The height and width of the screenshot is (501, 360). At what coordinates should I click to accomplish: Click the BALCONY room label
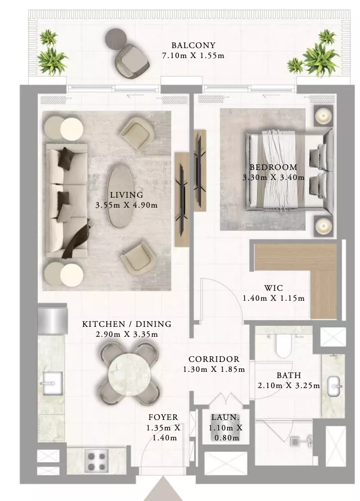[193, 45]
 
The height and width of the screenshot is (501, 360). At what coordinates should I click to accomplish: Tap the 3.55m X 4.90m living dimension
[127, 205]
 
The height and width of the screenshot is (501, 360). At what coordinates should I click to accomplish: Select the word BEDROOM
[273, 167]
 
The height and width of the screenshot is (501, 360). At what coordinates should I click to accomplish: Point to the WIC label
[273, 288]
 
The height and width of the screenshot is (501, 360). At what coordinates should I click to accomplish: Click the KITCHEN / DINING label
[127, 324]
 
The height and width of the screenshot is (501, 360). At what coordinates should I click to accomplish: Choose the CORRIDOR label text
[214, 359]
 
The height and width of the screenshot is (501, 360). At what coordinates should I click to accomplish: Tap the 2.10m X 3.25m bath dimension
[289, 385]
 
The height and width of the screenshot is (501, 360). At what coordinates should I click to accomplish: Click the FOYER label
[163, 417]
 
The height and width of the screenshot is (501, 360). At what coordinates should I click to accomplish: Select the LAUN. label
[226, 417]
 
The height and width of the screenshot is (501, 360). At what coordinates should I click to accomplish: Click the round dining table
[129, 372]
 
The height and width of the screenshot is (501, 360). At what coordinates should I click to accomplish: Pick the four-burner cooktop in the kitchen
[97, 461]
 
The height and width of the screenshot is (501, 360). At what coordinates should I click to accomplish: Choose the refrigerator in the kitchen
[52, 321]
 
